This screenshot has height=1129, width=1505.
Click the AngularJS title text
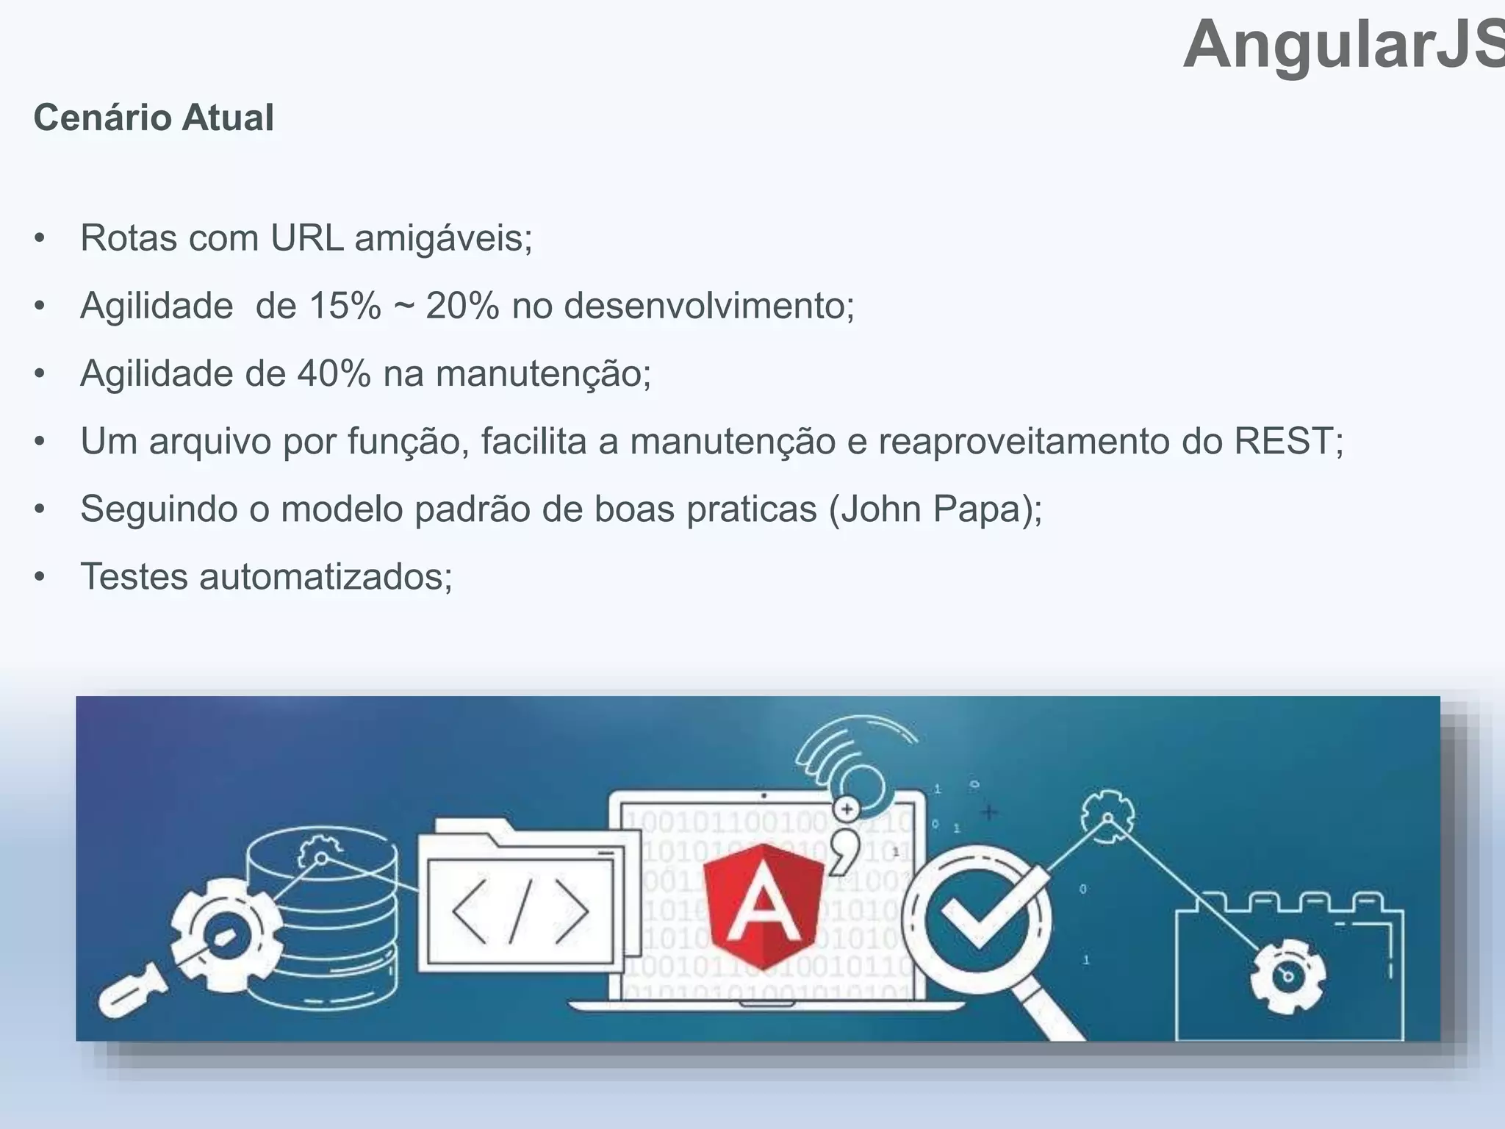[1343, 46]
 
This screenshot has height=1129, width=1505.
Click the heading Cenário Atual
[154, 118]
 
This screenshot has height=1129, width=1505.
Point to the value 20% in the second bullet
[462, 306]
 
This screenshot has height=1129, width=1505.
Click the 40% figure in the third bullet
[334, 373]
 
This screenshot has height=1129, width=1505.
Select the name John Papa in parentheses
[933, 509]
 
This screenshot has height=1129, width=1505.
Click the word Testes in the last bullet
[134, 576]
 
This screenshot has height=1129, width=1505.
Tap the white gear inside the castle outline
[1287, 975]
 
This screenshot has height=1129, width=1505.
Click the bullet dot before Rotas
[40, 238]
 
